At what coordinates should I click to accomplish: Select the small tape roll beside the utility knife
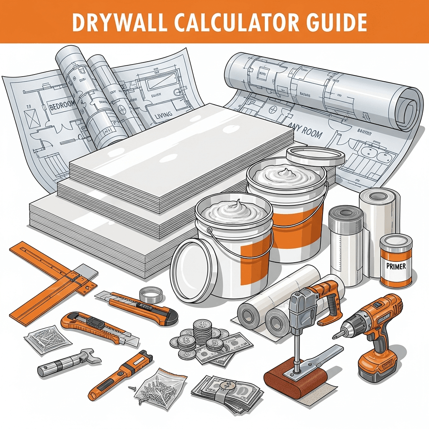(151, 295)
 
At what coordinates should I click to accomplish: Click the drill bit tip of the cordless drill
(335, 336)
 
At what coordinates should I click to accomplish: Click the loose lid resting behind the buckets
(315, 156)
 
